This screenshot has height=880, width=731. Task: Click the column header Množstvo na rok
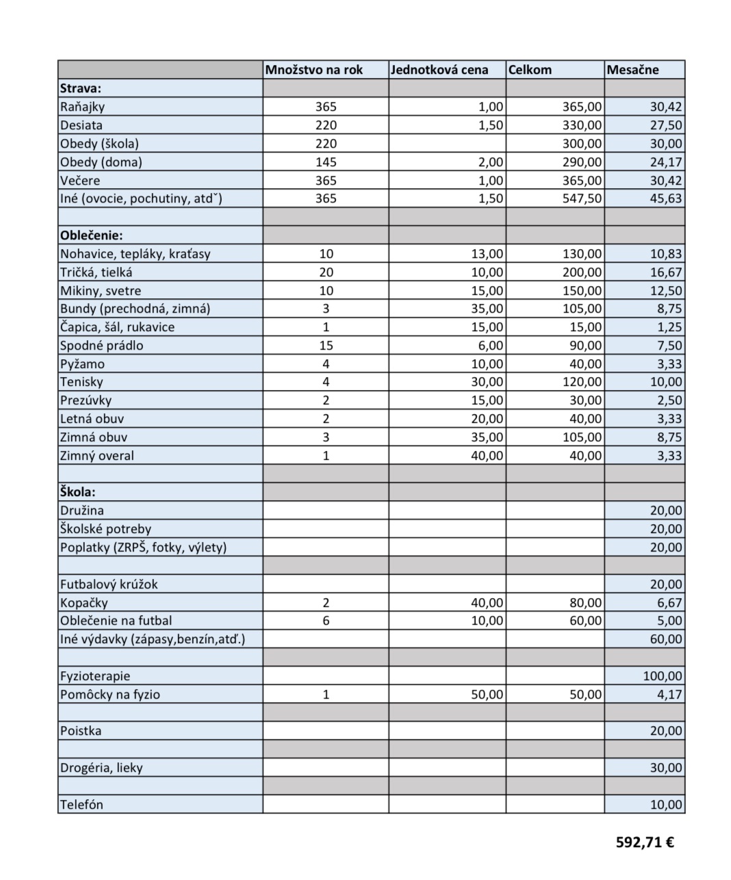314,70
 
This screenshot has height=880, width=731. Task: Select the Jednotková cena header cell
439,70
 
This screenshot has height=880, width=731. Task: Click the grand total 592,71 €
645,842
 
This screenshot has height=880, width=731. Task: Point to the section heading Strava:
81,88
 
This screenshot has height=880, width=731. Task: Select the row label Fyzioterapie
95,676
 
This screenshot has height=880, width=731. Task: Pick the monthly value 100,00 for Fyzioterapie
663,676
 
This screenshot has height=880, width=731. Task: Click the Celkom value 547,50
581,198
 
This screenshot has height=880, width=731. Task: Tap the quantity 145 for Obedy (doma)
326,162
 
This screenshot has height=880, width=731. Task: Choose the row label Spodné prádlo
102,346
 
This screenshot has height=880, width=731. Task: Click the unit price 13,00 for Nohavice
487,254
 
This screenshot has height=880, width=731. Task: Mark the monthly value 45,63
666,198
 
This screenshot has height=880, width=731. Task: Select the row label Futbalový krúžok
109,584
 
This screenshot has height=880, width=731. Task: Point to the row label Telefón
81,805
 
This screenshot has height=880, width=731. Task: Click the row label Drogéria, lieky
101,768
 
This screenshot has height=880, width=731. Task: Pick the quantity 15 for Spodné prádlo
326,346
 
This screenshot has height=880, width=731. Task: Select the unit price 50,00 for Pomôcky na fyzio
487,695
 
